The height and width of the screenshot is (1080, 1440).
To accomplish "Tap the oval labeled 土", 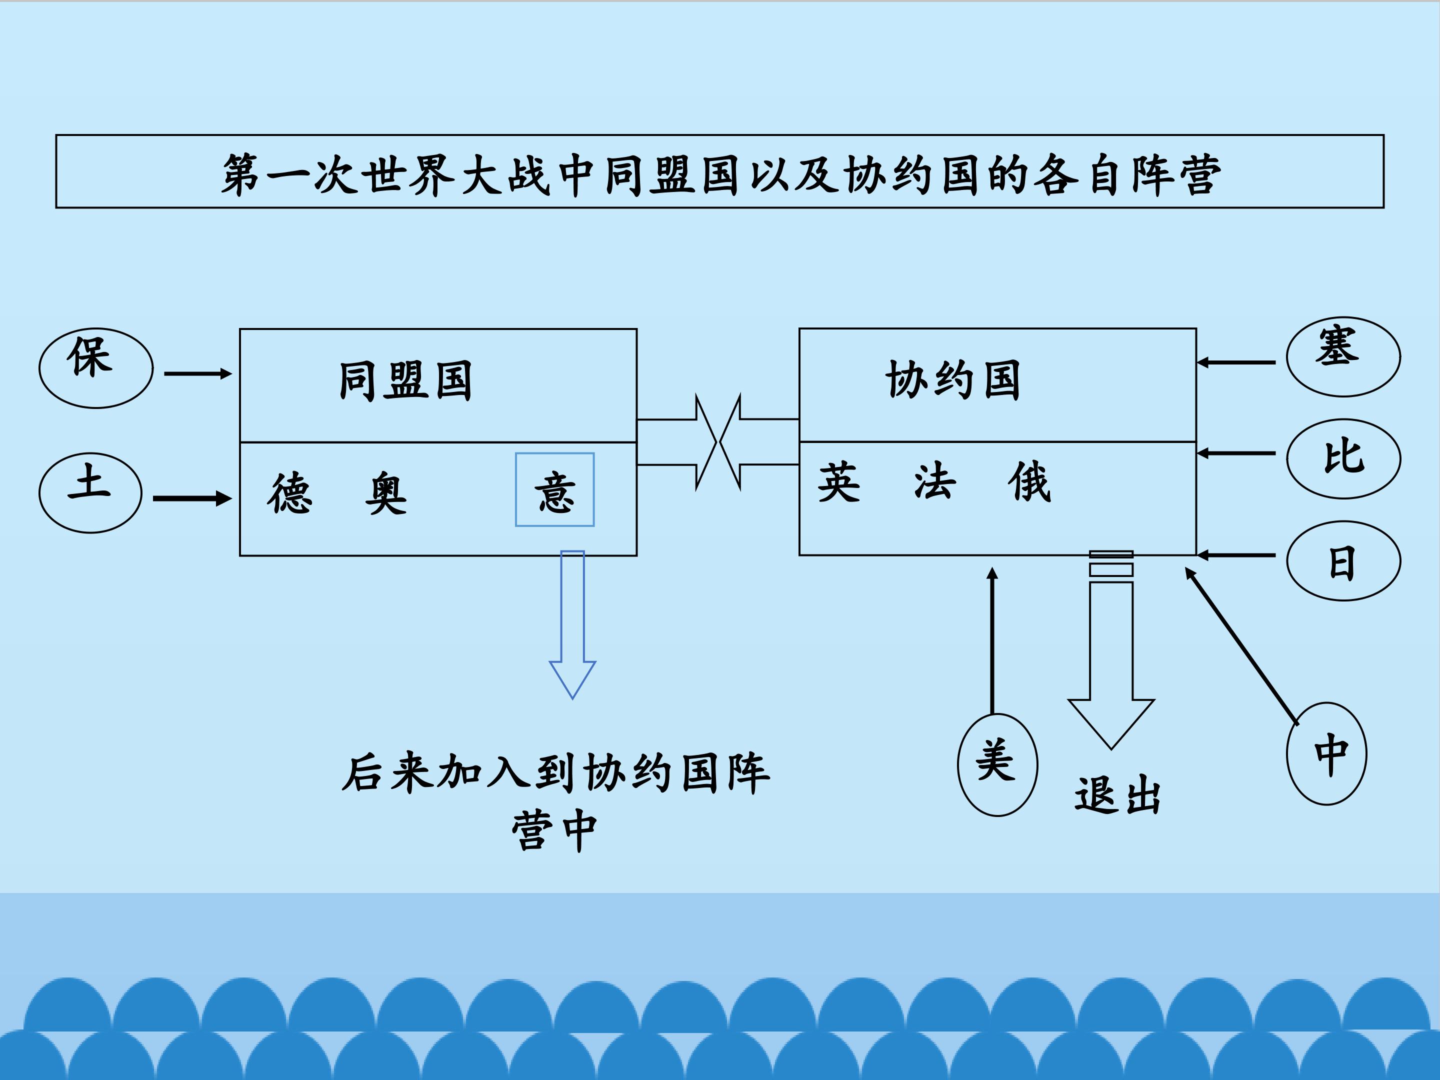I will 90,493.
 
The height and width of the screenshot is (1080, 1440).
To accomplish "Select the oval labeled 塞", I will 1343,356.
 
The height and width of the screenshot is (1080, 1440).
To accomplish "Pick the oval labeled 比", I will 1343,458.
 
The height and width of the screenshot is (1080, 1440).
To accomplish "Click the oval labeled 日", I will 1343,560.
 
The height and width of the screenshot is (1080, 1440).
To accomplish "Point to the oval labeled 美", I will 997,764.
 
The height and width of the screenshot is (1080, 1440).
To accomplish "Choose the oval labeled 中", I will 1326,754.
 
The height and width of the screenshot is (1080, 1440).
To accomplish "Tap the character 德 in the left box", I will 289,493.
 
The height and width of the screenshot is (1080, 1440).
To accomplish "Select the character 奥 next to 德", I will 385,493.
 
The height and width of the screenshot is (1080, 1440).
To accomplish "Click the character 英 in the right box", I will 839,483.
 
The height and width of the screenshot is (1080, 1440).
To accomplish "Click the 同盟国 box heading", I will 405,381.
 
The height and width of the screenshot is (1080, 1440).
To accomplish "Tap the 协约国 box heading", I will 952,379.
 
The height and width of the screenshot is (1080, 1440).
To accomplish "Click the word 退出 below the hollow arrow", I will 1117,795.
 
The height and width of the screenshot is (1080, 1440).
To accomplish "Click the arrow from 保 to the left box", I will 198,373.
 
